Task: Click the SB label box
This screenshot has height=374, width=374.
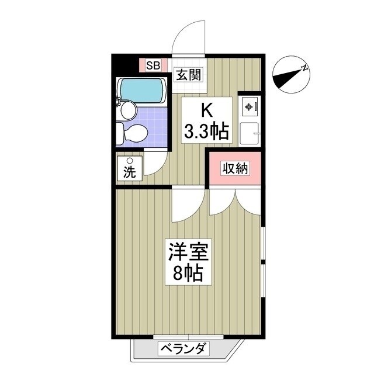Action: [x=154, y=65]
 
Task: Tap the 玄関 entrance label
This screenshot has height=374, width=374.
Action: [x=189, y=75]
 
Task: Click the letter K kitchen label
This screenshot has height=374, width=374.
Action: [x=206, y=109]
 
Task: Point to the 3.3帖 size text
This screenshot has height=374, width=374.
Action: [x=206, y=131]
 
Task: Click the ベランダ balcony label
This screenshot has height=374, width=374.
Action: [x=182, y=349]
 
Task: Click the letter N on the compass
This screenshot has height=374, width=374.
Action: [x=304, y=68]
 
